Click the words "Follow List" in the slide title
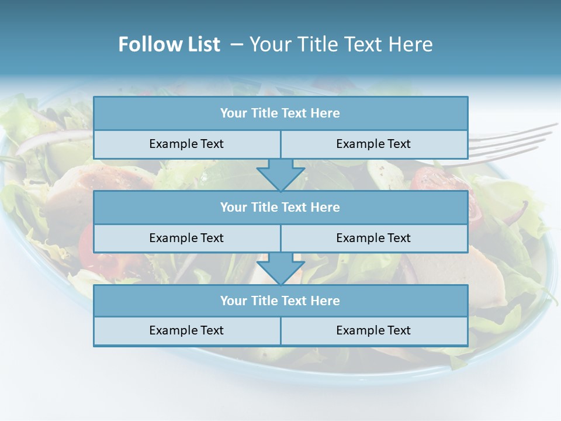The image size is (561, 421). (169, 44)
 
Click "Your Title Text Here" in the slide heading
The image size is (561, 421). (341, 44)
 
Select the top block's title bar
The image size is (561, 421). (280, 113)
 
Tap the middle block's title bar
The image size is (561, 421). (280, 207)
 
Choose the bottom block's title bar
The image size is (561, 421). (280, 301)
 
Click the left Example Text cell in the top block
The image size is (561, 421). (186, 144)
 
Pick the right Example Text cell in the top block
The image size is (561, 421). (373, 144)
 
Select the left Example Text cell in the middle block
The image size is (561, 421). (186, 238)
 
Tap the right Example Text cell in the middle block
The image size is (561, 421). (373, 238)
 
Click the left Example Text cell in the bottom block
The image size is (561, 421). (186, 330)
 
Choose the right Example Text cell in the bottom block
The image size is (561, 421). (373, 330)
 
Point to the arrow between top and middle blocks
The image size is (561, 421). (280, 175)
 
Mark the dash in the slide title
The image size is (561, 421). (237, 44)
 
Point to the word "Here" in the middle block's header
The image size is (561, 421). (325, 207)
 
